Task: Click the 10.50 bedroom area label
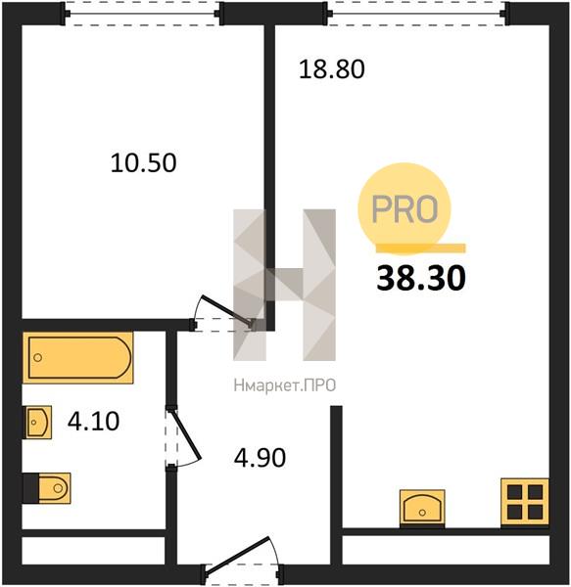tap(144, 162)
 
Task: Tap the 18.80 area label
tap(332, 69)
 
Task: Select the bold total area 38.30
tap(421, 278)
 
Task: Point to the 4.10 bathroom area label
tap(93, 421)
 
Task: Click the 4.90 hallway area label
tap(260, 458)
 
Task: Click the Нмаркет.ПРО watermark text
tap(284, 385)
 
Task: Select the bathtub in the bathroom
tap(78, 357)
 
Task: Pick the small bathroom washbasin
tap(38, 422)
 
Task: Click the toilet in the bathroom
tap(47, 488)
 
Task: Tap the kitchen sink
tap(422, 508)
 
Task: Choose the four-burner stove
tap(525, 502)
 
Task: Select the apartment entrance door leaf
tap(237, 555)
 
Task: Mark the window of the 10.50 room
tap(143, 14)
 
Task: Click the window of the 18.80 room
tap(416, 14)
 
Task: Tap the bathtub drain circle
tap(38, 357)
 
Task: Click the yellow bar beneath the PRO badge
tap(421, 248)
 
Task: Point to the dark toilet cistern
tap(30, 488)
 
